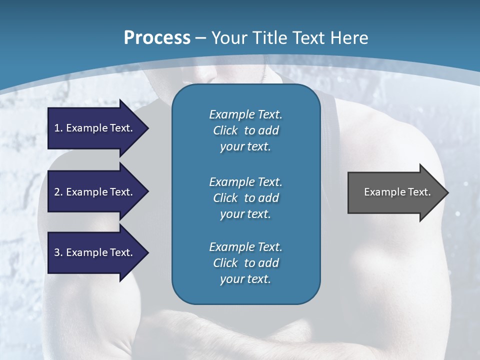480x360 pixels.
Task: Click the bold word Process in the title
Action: pyautogui.click(x=157, y=38)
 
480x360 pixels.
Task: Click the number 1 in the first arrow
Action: pyautogui.click(x=57, y=128)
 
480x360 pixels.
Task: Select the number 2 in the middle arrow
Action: pyautogui.click(x=57, y=192)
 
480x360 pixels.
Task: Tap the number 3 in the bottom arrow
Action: pyautogui.click(x=57, y=252)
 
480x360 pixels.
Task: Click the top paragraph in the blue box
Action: pyautogui.click(x=245, y=130)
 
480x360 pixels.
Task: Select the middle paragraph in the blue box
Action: pyautogui.click(x=245, y=197)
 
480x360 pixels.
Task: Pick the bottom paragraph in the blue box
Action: pyautogui.click(x=245, y=263)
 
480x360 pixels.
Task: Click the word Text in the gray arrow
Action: pyautogui.click(x=419, y=192)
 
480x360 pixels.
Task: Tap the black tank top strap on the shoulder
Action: pyautogui.click(x=327, y=107)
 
